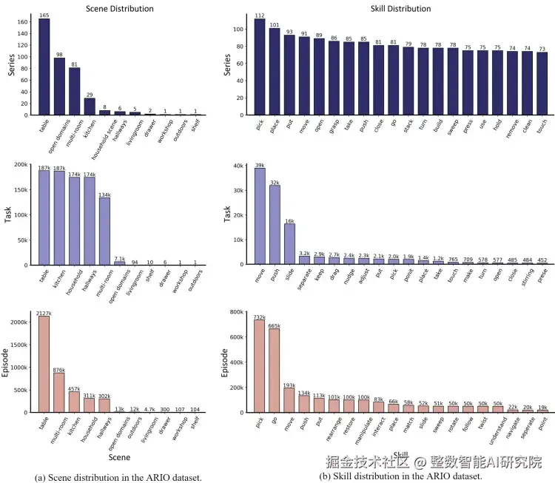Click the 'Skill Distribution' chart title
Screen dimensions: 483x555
[x=400, y=9]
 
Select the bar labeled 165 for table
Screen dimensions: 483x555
[x=44, y=67]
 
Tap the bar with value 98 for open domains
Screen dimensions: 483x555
[x=59, y=87]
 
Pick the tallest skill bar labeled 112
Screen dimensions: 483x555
[x=260, y=67]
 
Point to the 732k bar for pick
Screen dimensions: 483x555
[x=260, y=366]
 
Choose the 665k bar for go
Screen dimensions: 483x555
[x=274, y=371]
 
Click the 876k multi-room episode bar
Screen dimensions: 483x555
[x=59, y=393]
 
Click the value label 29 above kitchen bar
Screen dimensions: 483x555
[x=89, y=94]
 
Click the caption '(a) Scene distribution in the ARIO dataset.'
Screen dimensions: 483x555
[x=118, y=477]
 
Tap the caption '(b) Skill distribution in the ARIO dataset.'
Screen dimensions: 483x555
[x=400, y=477]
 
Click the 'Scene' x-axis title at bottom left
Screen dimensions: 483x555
[x=119, y=459]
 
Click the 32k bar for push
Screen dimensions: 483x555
[x=274, y=225]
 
